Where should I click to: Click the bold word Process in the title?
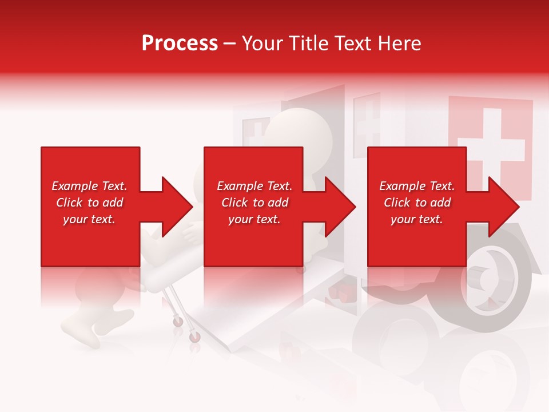180,43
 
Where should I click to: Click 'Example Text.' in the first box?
89,186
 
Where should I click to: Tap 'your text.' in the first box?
89,219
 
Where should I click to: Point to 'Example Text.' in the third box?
417,186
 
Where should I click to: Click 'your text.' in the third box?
417,219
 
